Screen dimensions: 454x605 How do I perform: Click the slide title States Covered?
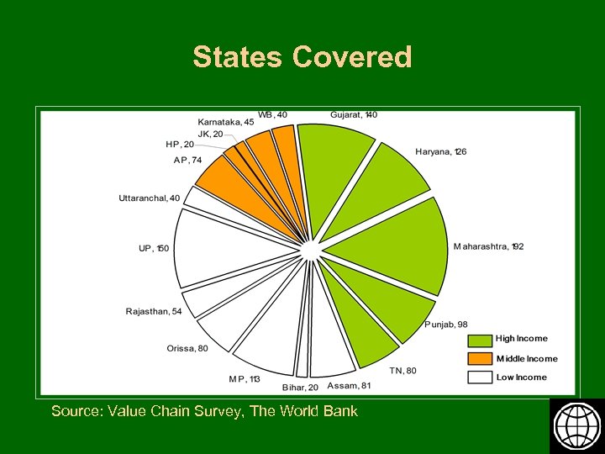[302, 57]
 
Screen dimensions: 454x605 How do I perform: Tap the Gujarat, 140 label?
[354, 114]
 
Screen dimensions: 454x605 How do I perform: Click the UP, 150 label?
[154, 249]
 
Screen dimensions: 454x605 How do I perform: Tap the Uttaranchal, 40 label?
[149, 198]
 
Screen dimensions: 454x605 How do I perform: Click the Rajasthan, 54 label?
[154, 311]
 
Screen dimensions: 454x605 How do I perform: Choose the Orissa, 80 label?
[187, 348]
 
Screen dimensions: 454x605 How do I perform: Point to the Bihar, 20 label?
[300, 387]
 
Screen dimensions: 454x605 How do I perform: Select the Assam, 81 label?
[349, 387]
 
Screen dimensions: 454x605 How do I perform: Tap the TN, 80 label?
[402, 370]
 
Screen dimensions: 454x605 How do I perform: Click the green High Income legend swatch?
[480, 340]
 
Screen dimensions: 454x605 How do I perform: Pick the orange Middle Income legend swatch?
[480, 359]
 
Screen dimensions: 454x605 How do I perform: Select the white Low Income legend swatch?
[480, 377]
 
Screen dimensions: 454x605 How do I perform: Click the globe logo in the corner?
[576, 425]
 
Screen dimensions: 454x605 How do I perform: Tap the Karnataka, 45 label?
[226, 122]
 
